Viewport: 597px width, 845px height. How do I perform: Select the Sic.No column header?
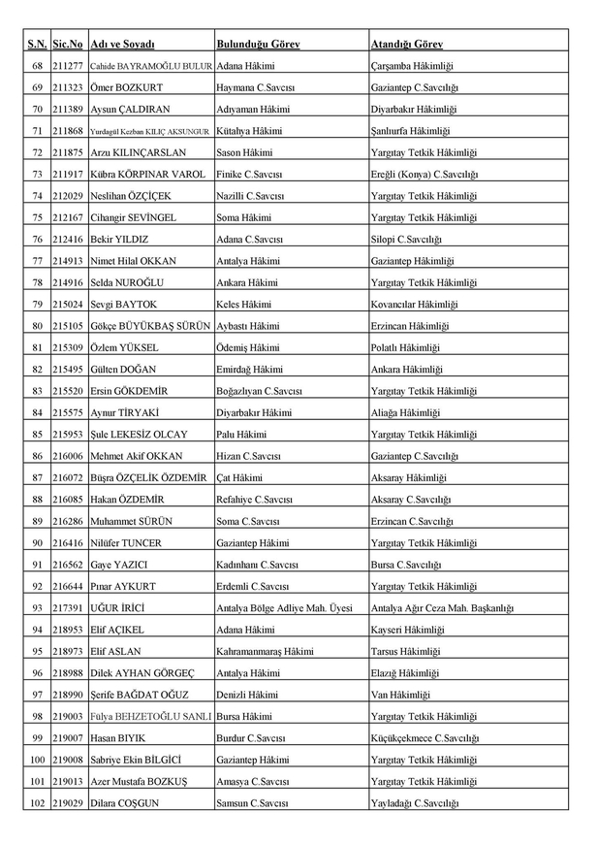(68, 45)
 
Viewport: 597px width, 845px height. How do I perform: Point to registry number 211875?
(68, 152)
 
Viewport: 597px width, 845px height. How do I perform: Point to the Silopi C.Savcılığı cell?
(406, 239)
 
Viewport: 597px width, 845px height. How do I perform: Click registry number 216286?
(68, 521)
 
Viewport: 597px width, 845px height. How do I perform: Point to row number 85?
(38, 434)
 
